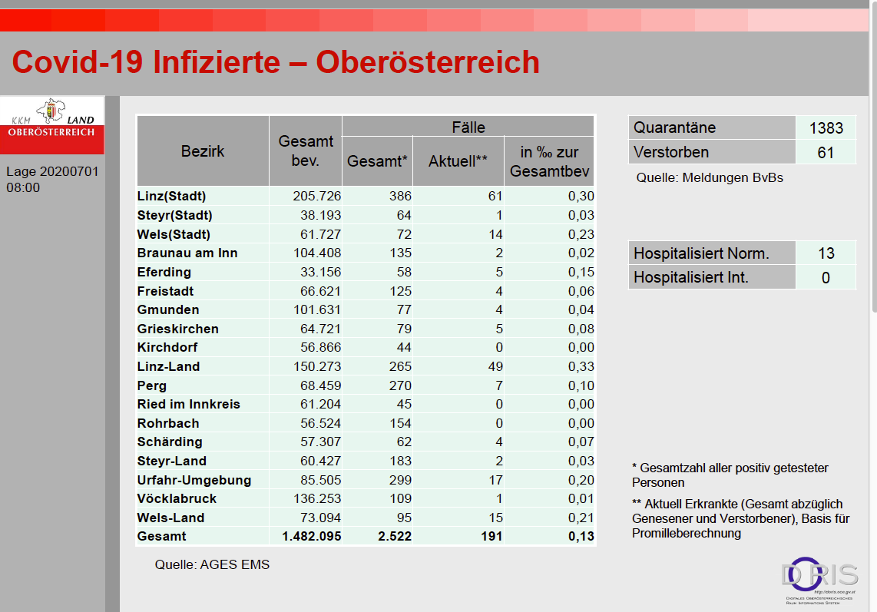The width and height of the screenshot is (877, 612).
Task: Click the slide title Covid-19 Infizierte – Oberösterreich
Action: click(276, 62)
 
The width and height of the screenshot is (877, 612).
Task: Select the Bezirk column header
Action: click(203, 151)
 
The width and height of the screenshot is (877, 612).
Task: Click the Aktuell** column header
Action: click(458, 161)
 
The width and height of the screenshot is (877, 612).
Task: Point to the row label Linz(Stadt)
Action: click(172, 197)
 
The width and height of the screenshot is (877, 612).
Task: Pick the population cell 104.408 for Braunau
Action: click(317, 253)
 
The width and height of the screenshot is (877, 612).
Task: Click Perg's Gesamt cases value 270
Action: click(399, 385)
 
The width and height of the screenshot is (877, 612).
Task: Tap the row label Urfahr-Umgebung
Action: click(194, 480)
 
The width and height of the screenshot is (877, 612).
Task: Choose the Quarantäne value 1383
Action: click(826, 128)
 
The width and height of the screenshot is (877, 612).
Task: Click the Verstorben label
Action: click(671, 152)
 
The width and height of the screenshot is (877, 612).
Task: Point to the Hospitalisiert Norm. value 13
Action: click(826, 253)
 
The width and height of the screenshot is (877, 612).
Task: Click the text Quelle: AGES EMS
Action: click(212, 565)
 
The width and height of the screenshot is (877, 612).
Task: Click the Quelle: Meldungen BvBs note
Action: click(709, 178)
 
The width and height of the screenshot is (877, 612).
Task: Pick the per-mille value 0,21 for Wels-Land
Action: click(581, 518)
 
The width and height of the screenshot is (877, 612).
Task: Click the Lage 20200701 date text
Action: click(52, 171)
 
